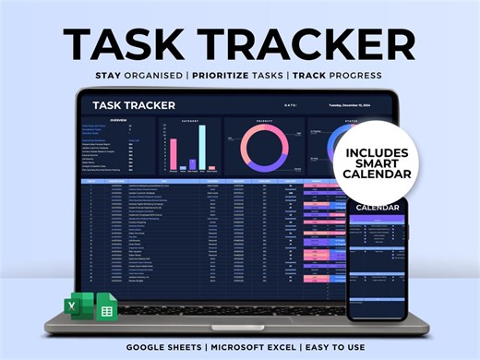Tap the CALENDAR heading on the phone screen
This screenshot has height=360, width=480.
pos(377,208)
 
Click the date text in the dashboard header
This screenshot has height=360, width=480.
pos(358,105)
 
